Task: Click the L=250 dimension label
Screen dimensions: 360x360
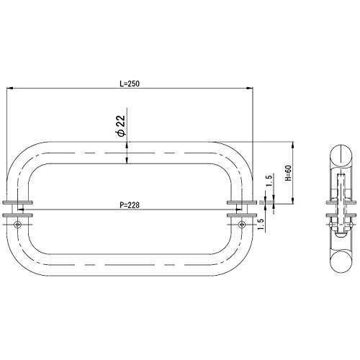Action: (x=130, y=84)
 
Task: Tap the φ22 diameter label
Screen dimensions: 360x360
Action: (x=122, y=126)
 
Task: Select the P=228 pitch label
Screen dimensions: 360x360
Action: (x=130, y=205)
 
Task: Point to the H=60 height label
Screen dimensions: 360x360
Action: (x=288, y=173)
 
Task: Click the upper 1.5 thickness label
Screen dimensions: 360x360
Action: (x=269, y=181)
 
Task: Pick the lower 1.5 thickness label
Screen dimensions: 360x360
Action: (x=261, y=225)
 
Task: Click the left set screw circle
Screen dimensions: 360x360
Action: (x=17, y=225)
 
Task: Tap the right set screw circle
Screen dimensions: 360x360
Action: (x=242, y=225)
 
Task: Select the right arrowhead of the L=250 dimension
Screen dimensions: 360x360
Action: (x=250, y=89)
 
